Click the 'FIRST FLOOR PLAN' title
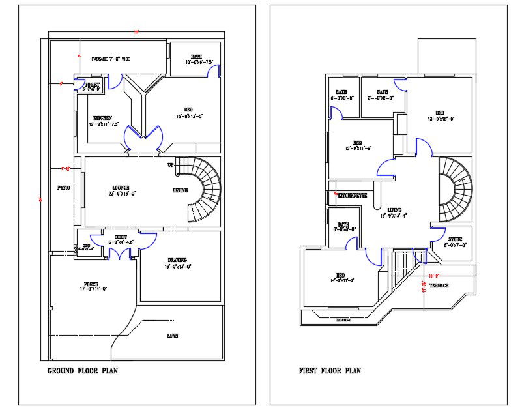pos(330,371)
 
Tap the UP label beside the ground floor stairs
pos(171,164)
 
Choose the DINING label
pos(181,190)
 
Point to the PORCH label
pos(91,284)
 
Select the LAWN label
pos(173,336)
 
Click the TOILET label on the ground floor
pos(92,85)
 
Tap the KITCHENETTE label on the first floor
pos(352,195)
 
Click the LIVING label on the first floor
pos(394,210)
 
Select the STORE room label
pos(456,239)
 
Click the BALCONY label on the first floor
pos(343,320)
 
